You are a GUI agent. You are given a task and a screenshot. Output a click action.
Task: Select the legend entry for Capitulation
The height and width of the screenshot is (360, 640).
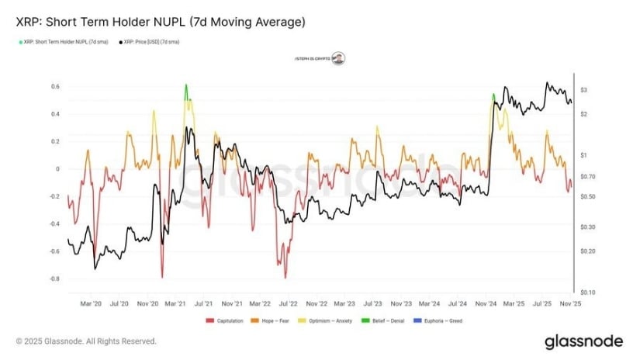[228, 320]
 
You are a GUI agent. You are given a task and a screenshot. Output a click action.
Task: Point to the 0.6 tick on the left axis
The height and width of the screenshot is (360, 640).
[55, 86]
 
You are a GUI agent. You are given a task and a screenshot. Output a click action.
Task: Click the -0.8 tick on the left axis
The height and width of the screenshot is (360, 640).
[54, 279]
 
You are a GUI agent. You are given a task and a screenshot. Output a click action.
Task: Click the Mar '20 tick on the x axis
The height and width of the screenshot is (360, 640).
[92, 304]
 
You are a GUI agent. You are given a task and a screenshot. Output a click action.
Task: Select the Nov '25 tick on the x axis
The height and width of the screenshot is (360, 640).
[570, 304]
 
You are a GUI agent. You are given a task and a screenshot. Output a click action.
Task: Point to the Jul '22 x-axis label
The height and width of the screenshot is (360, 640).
[288, 304]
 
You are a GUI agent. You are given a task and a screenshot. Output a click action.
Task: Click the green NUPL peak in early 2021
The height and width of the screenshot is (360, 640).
[186, 88]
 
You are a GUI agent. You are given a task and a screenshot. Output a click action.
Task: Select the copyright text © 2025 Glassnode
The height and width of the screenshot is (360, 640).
[85, 341]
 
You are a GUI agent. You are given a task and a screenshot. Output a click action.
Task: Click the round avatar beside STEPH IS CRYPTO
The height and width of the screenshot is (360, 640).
[339, 58]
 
